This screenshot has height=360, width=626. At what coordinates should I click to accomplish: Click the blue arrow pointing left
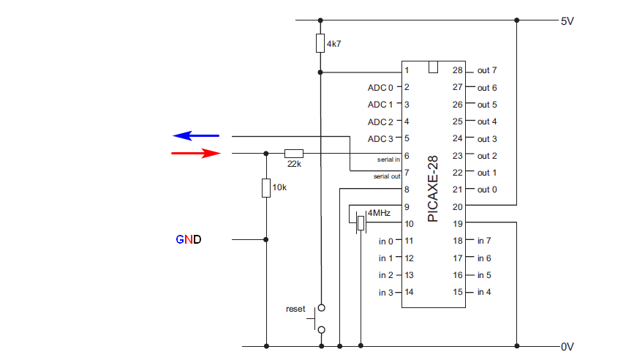click(196, 135)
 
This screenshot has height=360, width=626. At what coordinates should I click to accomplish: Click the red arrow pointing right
click(196, 153)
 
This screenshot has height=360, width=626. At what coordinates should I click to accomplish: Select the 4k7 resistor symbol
click(320, 43)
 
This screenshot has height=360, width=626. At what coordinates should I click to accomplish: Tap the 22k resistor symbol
click(294, 153)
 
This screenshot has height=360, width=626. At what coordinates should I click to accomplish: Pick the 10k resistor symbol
click(266, 188)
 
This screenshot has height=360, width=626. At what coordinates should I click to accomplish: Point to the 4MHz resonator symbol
click(360, 222)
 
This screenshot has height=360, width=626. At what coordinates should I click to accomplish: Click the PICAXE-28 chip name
click(433, 188)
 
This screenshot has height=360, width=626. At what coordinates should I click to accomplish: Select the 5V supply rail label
click(567, 21)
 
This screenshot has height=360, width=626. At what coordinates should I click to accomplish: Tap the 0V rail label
click(567, 346)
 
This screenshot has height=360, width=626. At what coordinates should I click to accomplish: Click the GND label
click(188, 239)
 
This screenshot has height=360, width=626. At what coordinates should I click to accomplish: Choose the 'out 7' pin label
click(487, 71)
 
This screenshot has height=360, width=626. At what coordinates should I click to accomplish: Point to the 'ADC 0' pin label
click(380, 88)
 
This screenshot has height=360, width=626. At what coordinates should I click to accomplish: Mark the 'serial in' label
click(388, 158)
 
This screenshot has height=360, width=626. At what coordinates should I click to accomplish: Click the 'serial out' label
click(386, 176)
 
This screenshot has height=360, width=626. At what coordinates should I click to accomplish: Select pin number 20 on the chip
click(457, 207)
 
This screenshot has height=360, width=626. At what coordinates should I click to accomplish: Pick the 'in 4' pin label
click(484, 293)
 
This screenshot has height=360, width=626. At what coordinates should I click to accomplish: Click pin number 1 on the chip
click(407, 71)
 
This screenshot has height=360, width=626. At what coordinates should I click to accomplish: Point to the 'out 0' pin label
click(487, 190)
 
